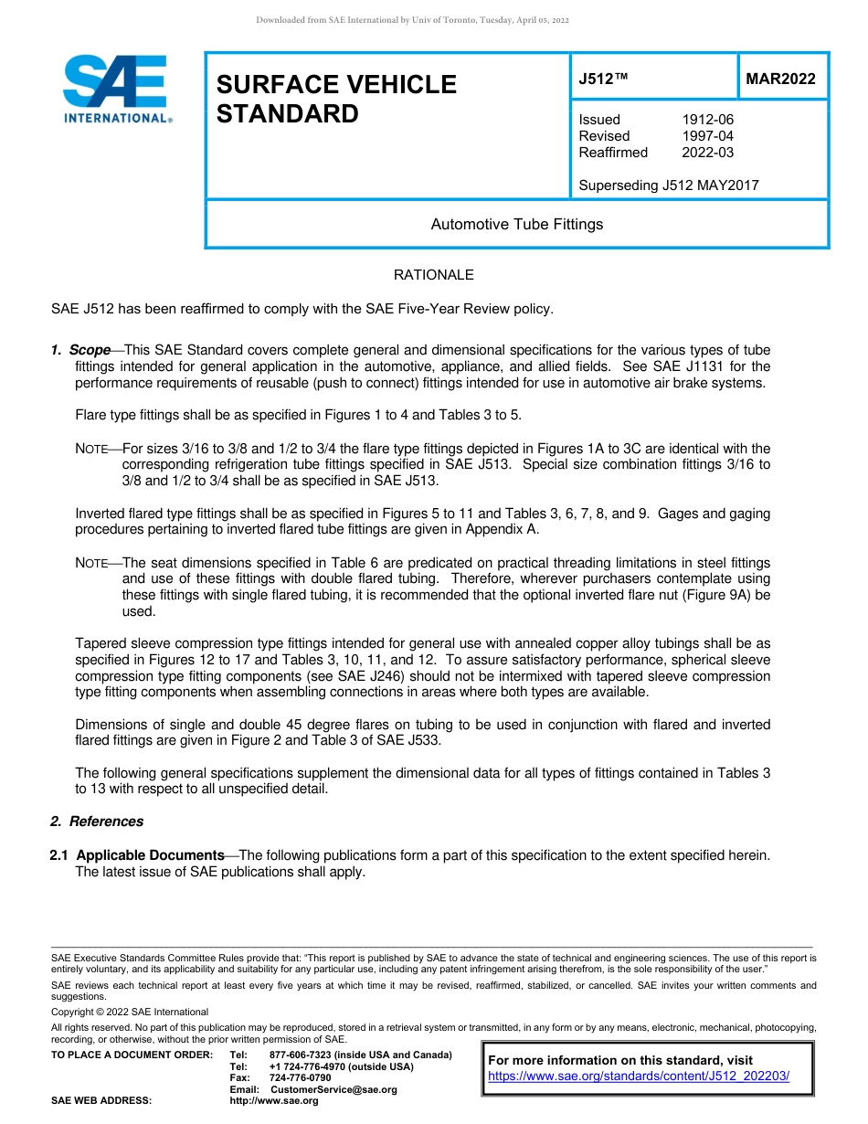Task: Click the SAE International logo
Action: point(115,89)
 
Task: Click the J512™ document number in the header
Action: point(603,79)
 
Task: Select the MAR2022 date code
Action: point(780,79)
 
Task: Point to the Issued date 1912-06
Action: point(707,120)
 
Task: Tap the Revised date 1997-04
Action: point(707,136)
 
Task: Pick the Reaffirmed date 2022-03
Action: point(707,153)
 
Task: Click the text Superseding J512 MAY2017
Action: point(669,186)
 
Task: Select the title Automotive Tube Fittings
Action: point(516,224)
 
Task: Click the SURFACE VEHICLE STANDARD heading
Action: point(335,99)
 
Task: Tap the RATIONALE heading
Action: point(433,275)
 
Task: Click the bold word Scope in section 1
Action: point(90,350)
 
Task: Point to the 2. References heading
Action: point(97,822)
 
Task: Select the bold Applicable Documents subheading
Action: point(150,855)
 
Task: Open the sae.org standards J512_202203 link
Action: point(638,1076)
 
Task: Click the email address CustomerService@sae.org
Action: point(333,1089)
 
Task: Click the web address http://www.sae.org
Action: point(274,1100)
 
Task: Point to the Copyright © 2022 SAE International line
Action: point(130,1012)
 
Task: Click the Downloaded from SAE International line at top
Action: point(412,20)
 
